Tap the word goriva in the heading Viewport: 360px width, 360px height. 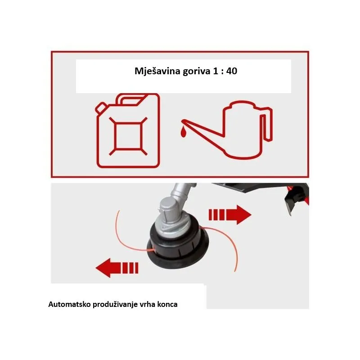(x=197, y=71)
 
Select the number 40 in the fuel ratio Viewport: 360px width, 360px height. (x=232, y=71)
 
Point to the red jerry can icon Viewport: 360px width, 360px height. (x=128, y=130)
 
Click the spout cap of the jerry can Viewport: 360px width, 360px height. (x=101, y=108)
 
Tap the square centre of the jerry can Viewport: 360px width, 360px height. (x=128, y=136)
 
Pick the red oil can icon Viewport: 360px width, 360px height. (x=227, y=130)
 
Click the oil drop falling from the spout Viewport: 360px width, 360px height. (x=183, y=133)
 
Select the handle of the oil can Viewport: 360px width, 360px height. (x=266, y=124)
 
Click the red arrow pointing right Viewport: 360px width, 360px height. (x=230, y=215)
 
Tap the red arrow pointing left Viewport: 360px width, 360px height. (x=117, y=268)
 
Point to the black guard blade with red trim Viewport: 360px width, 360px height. (x=296, y=198)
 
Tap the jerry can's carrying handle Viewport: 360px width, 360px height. (x=132, y=99)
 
